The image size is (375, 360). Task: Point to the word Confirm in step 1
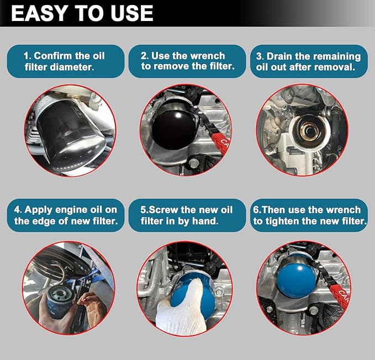(x=52, y=56)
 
